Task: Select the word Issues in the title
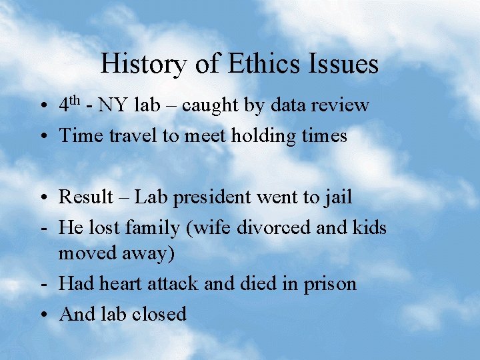pos(343,64)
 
